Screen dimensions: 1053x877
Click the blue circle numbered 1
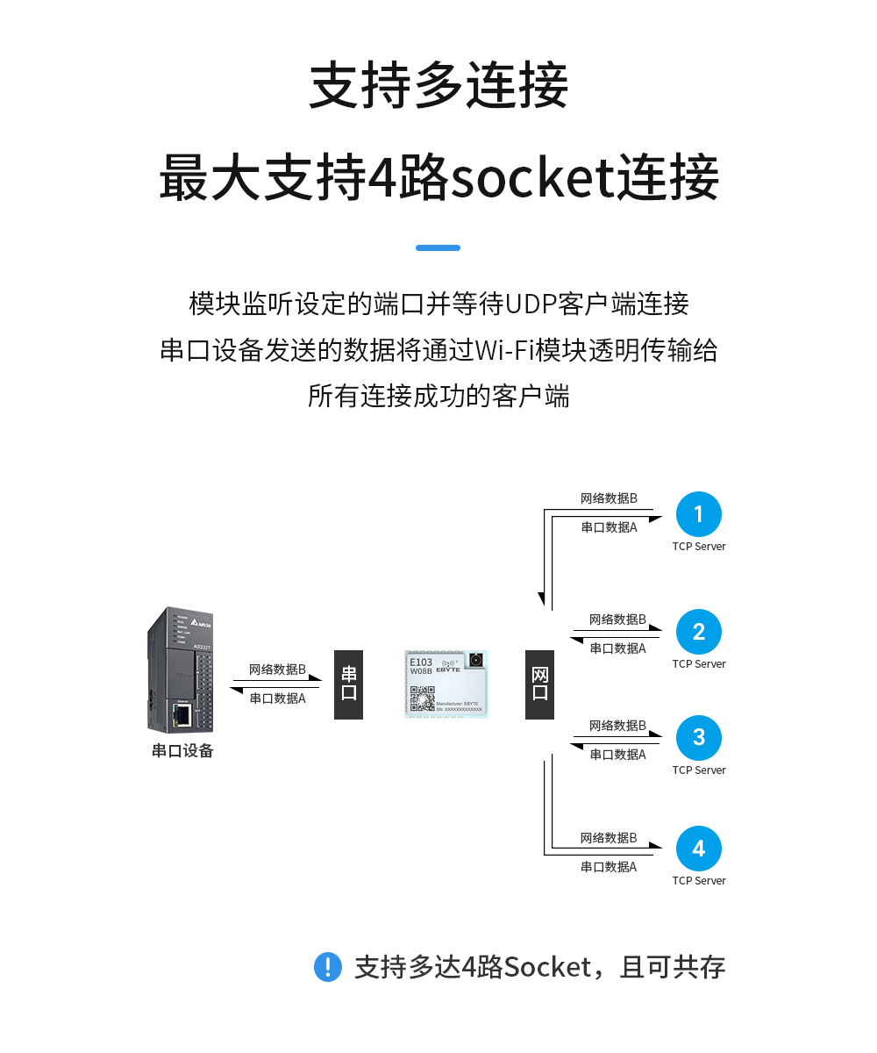698,514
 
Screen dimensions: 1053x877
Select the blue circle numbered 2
698,632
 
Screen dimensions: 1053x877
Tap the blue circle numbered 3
698,738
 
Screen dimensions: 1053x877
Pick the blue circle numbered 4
698,849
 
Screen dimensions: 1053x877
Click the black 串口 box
348,684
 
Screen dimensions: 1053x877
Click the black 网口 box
539,684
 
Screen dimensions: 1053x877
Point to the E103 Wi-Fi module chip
446,684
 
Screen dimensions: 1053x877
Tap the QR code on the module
423,698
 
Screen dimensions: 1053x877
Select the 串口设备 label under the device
182,751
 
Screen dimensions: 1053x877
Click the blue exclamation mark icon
327,967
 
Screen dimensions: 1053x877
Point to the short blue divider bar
438,248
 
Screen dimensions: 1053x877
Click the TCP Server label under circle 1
698,547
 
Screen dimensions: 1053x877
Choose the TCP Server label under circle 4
698,881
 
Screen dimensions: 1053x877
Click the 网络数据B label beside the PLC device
277,670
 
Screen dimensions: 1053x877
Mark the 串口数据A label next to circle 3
617,755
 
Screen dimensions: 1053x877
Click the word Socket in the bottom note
547,968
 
